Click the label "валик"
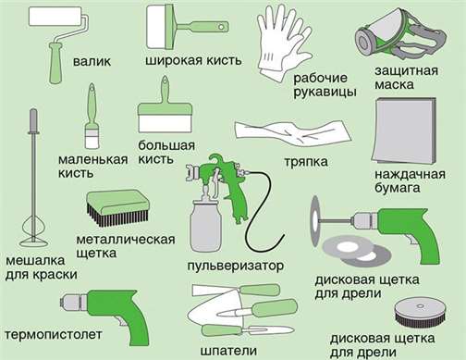coord(92,61)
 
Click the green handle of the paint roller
coord(55,63)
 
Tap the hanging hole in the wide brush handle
coord(221,27)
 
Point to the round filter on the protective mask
coord(363,42)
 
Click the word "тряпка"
coord(306,162)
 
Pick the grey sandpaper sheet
coord(404,131)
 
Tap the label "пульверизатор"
coord(236,266)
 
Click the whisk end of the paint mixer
coord(33,232)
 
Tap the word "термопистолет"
coord(54,334)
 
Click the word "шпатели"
coord(228,351)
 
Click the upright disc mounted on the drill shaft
coord(316,221)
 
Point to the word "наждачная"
coord(410,174)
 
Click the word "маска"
coord(394,84)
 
